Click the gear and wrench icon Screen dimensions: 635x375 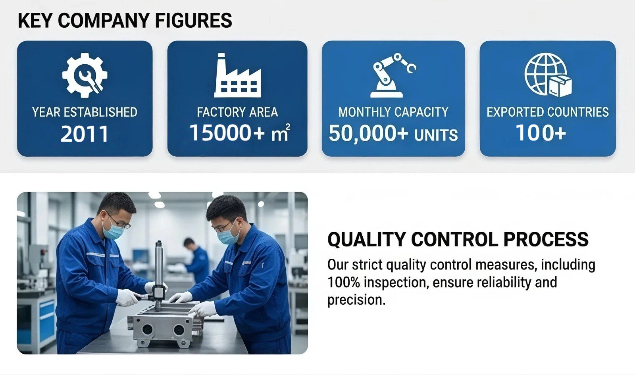[x=85, y=75]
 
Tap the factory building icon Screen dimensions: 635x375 [x=238, y=75]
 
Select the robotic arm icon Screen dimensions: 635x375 [x=393, y=75]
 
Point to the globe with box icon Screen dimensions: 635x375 [x=548, y=75]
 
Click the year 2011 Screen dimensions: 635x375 [x=85, y=134]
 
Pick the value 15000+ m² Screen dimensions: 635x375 [x=240, y=133]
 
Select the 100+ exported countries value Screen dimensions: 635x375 [x=541, y=133]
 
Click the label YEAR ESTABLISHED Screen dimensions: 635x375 [x=85, y=112]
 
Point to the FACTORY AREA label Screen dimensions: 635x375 [x=237, y=112]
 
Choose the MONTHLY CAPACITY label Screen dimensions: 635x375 [x=393, y=112]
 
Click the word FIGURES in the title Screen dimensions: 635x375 [x=194, y=20]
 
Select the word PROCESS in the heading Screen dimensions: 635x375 [x=546, y=239]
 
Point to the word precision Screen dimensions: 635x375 [x=356, y=300]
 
